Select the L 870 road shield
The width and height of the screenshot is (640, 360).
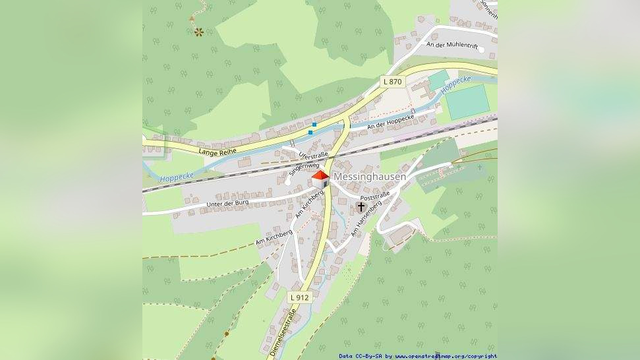click(392, 81)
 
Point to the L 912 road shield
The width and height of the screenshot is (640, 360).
click(299, 297)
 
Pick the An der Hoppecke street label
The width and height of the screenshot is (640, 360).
click(390, 121)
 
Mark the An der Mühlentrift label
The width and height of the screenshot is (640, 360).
click(451, 45)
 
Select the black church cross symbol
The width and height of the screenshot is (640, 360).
click(361, 207)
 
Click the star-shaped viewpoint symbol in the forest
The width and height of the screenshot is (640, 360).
click(198, 31)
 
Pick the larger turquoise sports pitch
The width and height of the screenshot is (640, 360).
click(468, 102)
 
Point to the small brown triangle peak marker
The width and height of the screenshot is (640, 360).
click(192, 18)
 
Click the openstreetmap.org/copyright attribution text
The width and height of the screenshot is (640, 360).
click(446, 356)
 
